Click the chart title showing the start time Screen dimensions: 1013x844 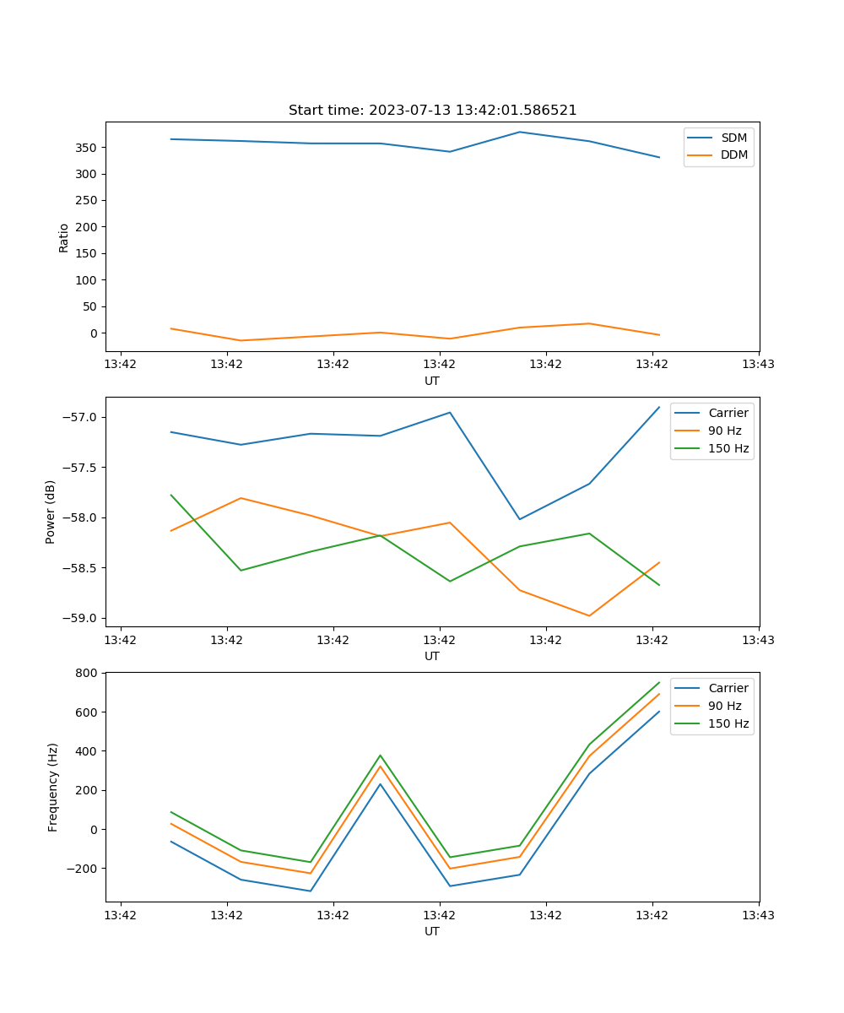point(432,111)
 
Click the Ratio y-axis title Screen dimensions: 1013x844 point(64,237)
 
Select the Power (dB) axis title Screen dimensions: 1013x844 point(51,512)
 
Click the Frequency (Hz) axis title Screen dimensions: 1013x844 point(52,787)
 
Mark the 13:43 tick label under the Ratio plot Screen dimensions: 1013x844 point(758,364)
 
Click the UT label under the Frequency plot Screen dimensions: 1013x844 point(432,931)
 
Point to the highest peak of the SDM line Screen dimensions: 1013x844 point(520,132)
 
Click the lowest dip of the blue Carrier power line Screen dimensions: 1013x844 point(520,519)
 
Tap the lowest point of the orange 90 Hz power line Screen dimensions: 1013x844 point(589,615)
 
